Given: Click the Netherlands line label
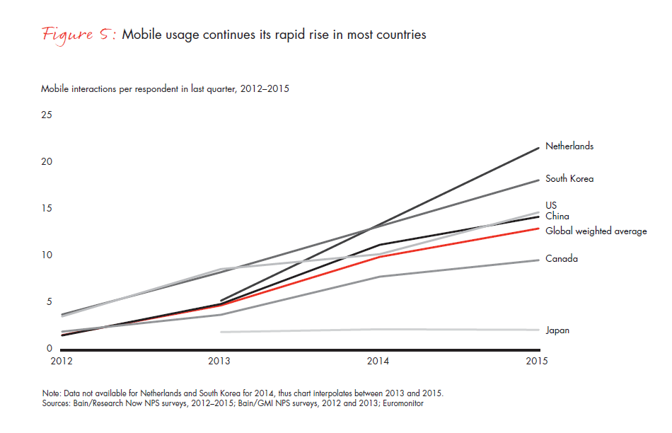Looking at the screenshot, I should coord(569,146).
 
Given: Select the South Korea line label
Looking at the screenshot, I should coord(569,179).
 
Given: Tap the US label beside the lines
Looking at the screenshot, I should coord(551,206).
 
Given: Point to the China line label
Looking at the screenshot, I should coord(557,216).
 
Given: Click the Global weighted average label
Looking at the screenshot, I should coord(596,231).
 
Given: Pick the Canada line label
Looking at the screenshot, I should coord(562,259).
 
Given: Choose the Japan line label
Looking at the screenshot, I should coord(557,330).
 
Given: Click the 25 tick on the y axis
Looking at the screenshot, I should coord(47,115).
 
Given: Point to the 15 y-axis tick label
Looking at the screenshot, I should coord(47,208).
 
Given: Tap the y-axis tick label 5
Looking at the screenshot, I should coord(50,302).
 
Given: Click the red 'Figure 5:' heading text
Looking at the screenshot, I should coord(78,35).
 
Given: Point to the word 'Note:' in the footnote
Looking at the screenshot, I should coord(52,393).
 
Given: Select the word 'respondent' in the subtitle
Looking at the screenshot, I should coord(147,89).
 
